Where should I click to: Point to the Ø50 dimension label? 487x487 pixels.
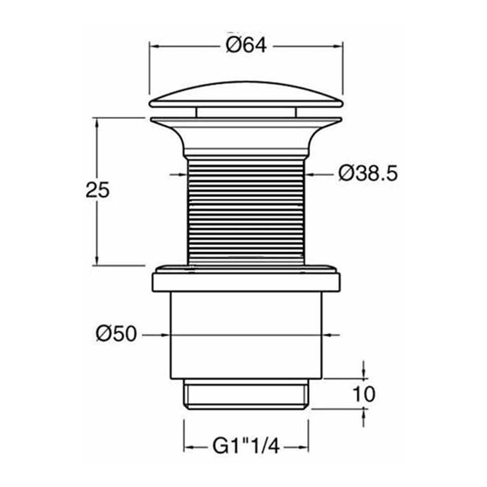coord(116,334)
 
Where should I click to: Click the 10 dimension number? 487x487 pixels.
coord(364,394)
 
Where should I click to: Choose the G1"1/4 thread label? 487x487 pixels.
coord(246,446)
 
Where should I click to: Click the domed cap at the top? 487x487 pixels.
coord(246,94)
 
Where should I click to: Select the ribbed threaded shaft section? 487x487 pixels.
coord(246,212)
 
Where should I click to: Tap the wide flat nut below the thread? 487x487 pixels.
coord(246,279)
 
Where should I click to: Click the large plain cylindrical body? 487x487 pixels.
coord(246,336)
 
